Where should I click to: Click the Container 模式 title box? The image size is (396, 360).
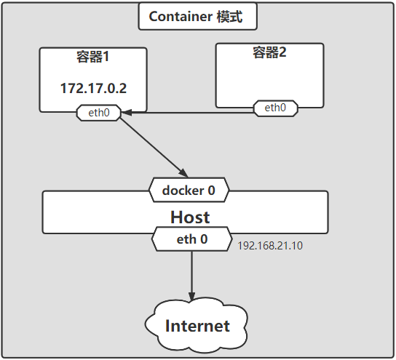pyautogui.click(x=198, y=17)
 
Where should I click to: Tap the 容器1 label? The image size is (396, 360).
pyautogui.click(x=93, y=57)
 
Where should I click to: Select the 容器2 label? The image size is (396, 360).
pyautogui.click(x=269, y=52)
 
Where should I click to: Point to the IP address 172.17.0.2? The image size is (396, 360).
pyautogui.click(x=93, y=88)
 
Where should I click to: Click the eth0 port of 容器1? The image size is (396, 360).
pyautogui.click(x=99, y=113)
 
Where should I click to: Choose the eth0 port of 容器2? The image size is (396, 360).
pyautogui.click(x=276, y=108)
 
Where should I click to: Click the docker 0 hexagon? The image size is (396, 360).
pyautogui.click(x=189, y=190)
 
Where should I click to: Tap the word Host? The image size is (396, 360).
pyautogui.click(x=190, y=217)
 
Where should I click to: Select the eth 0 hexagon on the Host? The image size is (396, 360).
pyautogui.click(x=192, y=239)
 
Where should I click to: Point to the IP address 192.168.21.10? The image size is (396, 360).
pyautogui.click(x=270, y=246)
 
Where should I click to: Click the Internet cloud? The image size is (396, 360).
pyautogui.click(x=197, y=325)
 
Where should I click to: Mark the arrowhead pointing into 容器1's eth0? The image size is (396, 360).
pyautogui.click(x=126, y=113)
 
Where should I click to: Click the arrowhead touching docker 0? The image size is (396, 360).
pyautogui.click(x=184, y=173)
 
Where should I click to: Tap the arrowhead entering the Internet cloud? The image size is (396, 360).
pyautogui.click(x=191, y=297)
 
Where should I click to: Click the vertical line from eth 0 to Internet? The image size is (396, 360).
pyautogui.click(x=191, y=276)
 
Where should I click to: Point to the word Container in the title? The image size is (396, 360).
pyautogui.click(x=181, y=17)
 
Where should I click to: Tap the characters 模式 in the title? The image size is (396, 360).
pyautogui.click(x=229, y=17)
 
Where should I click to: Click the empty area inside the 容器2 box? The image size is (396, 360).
pyautogui.click(x=269, y=81)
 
